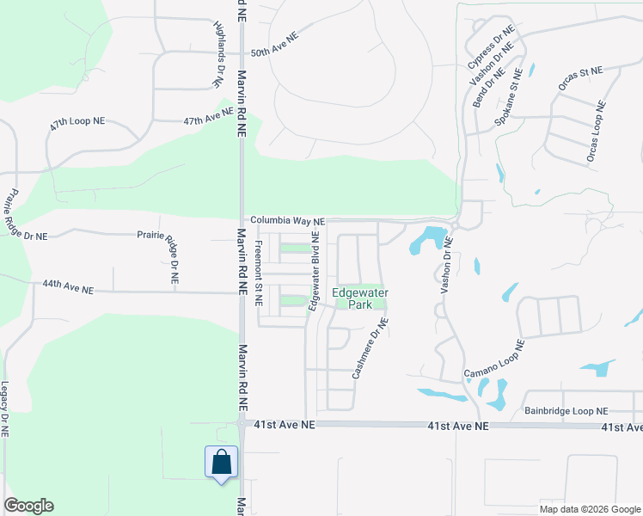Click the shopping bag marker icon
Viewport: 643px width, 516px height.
coord(221,462)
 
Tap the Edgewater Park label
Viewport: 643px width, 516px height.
coord(360,298)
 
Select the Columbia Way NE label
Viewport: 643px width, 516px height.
coord(288,221)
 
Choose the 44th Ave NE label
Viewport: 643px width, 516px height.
coord(68,286)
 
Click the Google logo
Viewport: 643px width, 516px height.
coord(28,506)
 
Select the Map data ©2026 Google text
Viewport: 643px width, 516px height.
coord(589,509)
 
